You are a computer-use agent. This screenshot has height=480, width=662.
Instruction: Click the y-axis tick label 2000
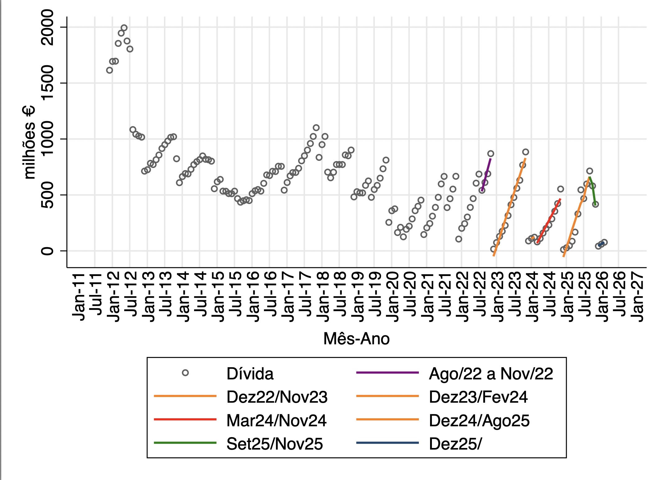click(48, 27)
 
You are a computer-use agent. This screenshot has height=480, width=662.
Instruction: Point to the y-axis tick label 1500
click(48, 83)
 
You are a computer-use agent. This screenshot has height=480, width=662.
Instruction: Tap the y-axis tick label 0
click(48, 251)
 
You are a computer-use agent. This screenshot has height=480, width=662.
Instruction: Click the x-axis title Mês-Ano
click(356, 339)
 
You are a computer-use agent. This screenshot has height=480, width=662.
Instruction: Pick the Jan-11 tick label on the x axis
click(79, 297)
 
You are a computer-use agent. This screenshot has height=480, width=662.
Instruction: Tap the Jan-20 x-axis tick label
click(392, 297)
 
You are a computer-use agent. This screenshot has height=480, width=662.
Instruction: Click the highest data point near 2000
click(124, 28)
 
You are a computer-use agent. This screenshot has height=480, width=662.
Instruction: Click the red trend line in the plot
click(549, 220)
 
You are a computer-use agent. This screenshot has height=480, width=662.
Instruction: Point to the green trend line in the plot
click(592, 189)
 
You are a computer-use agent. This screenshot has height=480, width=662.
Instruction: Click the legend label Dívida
click(250, 374)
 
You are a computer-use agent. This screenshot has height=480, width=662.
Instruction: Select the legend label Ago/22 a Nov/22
click(491, 374)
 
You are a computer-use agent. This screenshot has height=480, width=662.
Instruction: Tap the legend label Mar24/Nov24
click(276, 420)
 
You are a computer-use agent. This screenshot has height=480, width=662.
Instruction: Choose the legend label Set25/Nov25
click(274, 444)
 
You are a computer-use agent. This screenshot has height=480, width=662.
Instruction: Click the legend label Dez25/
click(455, 444)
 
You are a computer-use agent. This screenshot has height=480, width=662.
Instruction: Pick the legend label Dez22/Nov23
click(277, 397)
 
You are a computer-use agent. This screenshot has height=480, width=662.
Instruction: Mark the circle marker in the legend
click(185, 373)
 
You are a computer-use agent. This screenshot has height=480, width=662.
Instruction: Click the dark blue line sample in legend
click(387, 443)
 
